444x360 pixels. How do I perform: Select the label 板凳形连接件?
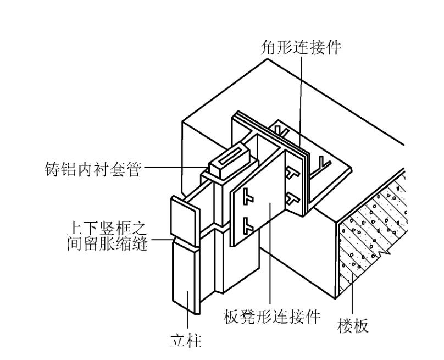point(273,318)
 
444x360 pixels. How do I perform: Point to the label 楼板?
point(353,326)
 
